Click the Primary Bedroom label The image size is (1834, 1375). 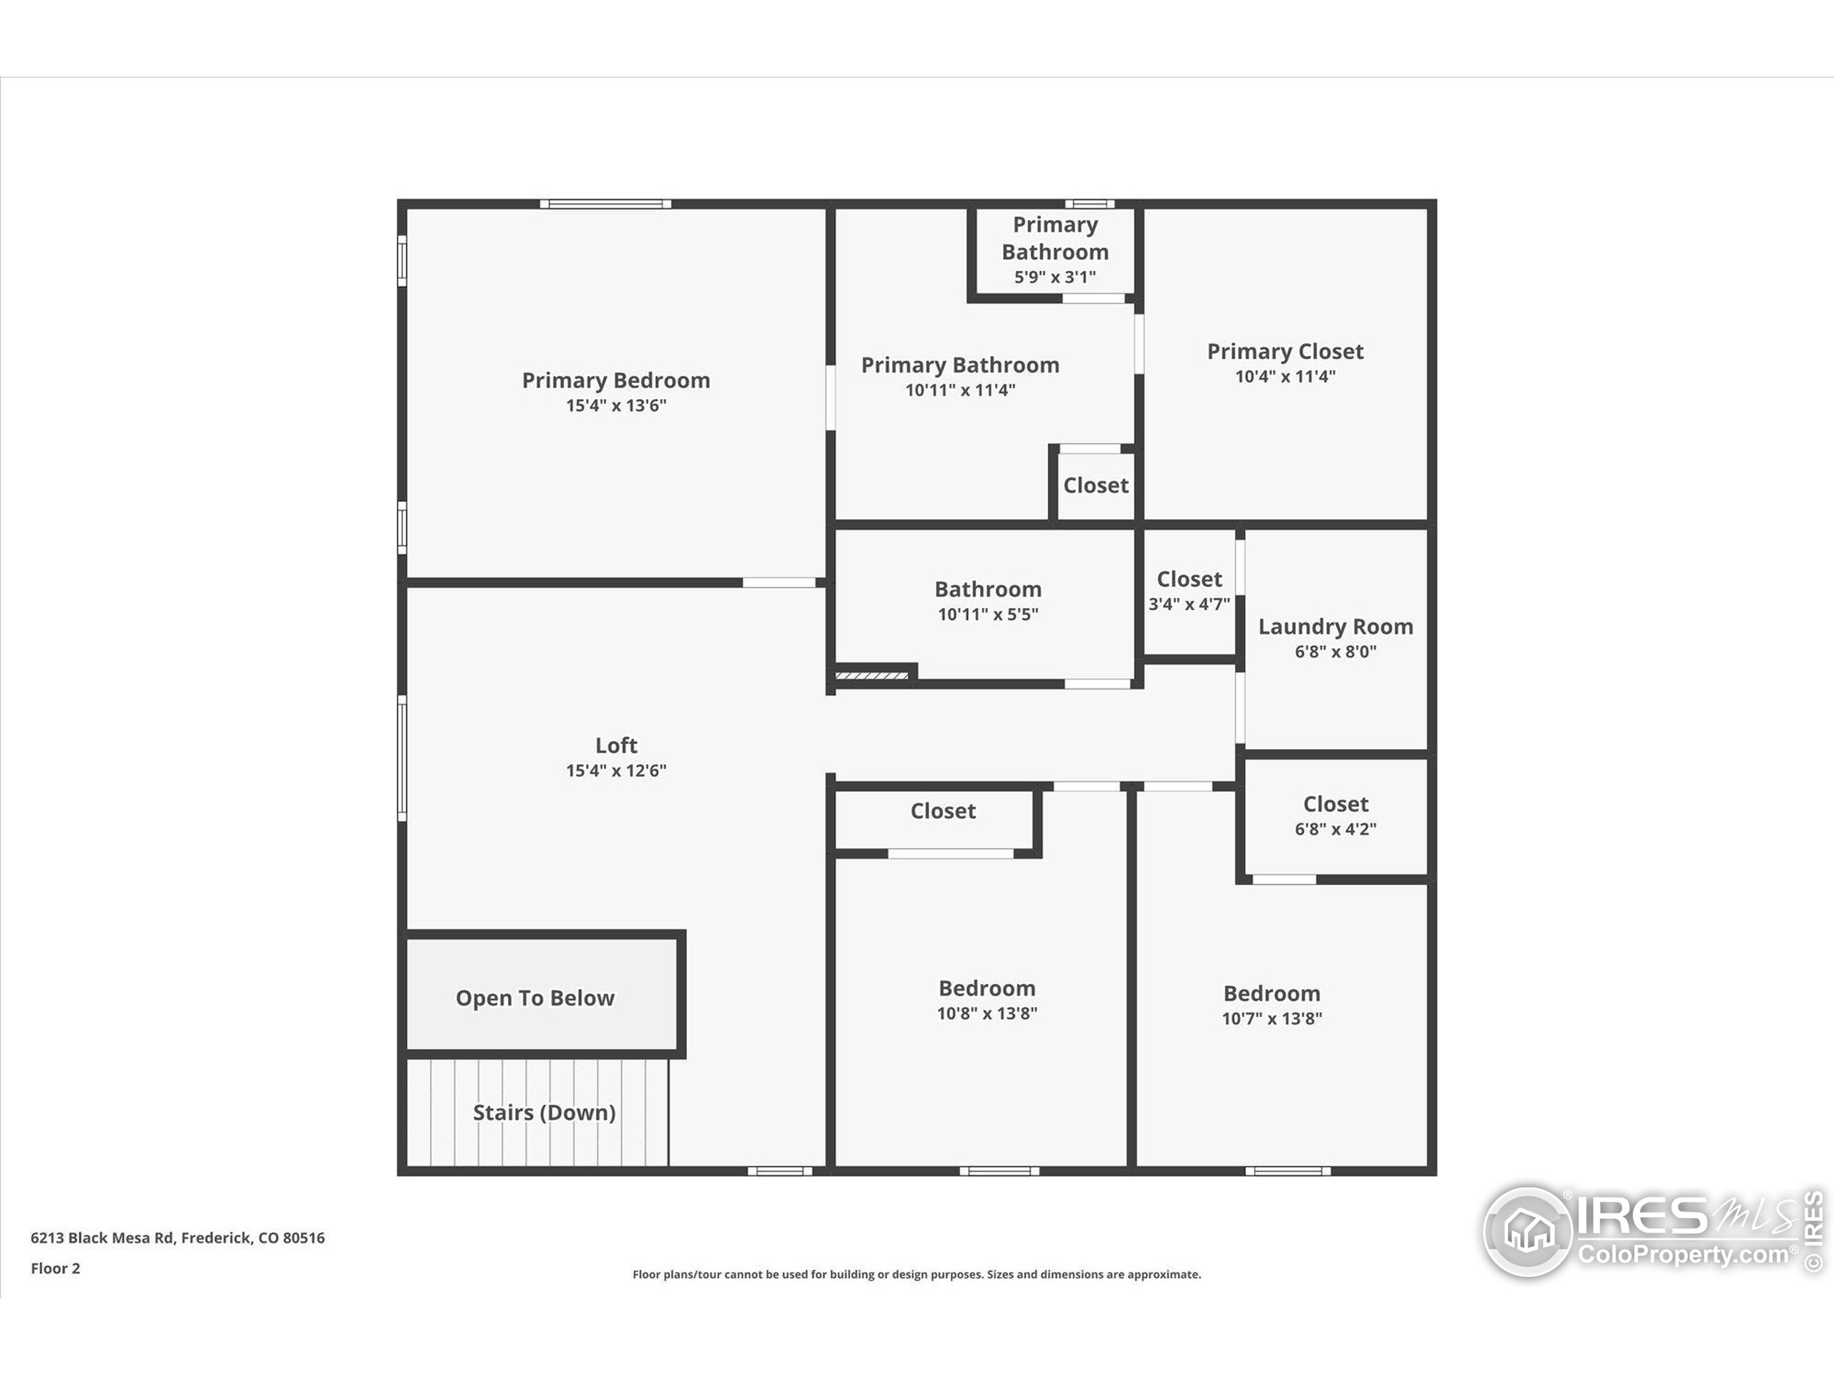click(616, 380)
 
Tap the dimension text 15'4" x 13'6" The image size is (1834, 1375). click(616, 405)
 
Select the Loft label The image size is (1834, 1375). click(616, 745)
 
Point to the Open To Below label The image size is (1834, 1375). click(534, 998)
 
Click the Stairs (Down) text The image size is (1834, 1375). click(544, 1112)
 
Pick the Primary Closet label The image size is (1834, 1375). click(1285, 352)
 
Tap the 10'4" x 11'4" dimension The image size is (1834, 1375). click(1285, 376)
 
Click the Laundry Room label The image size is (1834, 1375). click(1335, 627)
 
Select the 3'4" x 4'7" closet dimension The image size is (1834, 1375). click(1189, 604)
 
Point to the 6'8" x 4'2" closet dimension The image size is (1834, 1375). click(1335, 829)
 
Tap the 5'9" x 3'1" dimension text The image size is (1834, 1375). click(1055, 277)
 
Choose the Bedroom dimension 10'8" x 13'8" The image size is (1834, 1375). click(986, 1013)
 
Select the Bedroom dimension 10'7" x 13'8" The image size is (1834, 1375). click(1271, 1018)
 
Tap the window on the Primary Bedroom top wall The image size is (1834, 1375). click(605, 204)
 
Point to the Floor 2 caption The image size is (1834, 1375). click(56, 1268)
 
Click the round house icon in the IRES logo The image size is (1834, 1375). click(1527, 1231)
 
